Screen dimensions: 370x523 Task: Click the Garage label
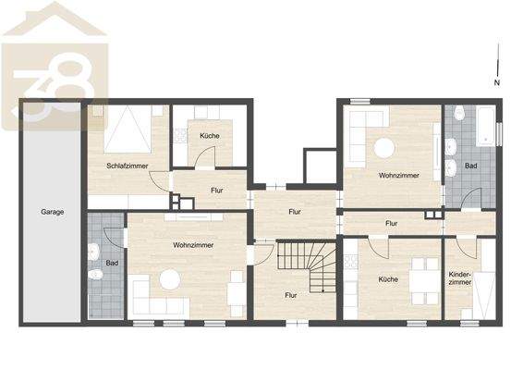52,212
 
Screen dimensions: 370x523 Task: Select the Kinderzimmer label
459,277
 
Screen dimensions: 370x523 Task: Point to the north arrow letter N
496,83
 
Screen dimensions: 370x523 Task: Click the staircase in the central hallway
309,268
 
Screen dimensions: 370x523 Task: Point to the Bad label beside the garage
112,264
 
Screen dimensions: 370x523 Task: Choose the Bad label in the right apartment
471,166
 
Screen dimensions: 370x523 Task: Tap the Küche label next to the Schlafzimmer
209,137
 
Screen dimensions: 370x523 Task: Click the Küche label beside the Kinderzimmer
387,278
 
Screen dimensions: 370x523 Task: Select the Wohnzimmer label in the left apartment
193,245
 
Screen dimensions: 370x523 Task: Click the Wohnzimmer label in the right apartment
398,175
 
